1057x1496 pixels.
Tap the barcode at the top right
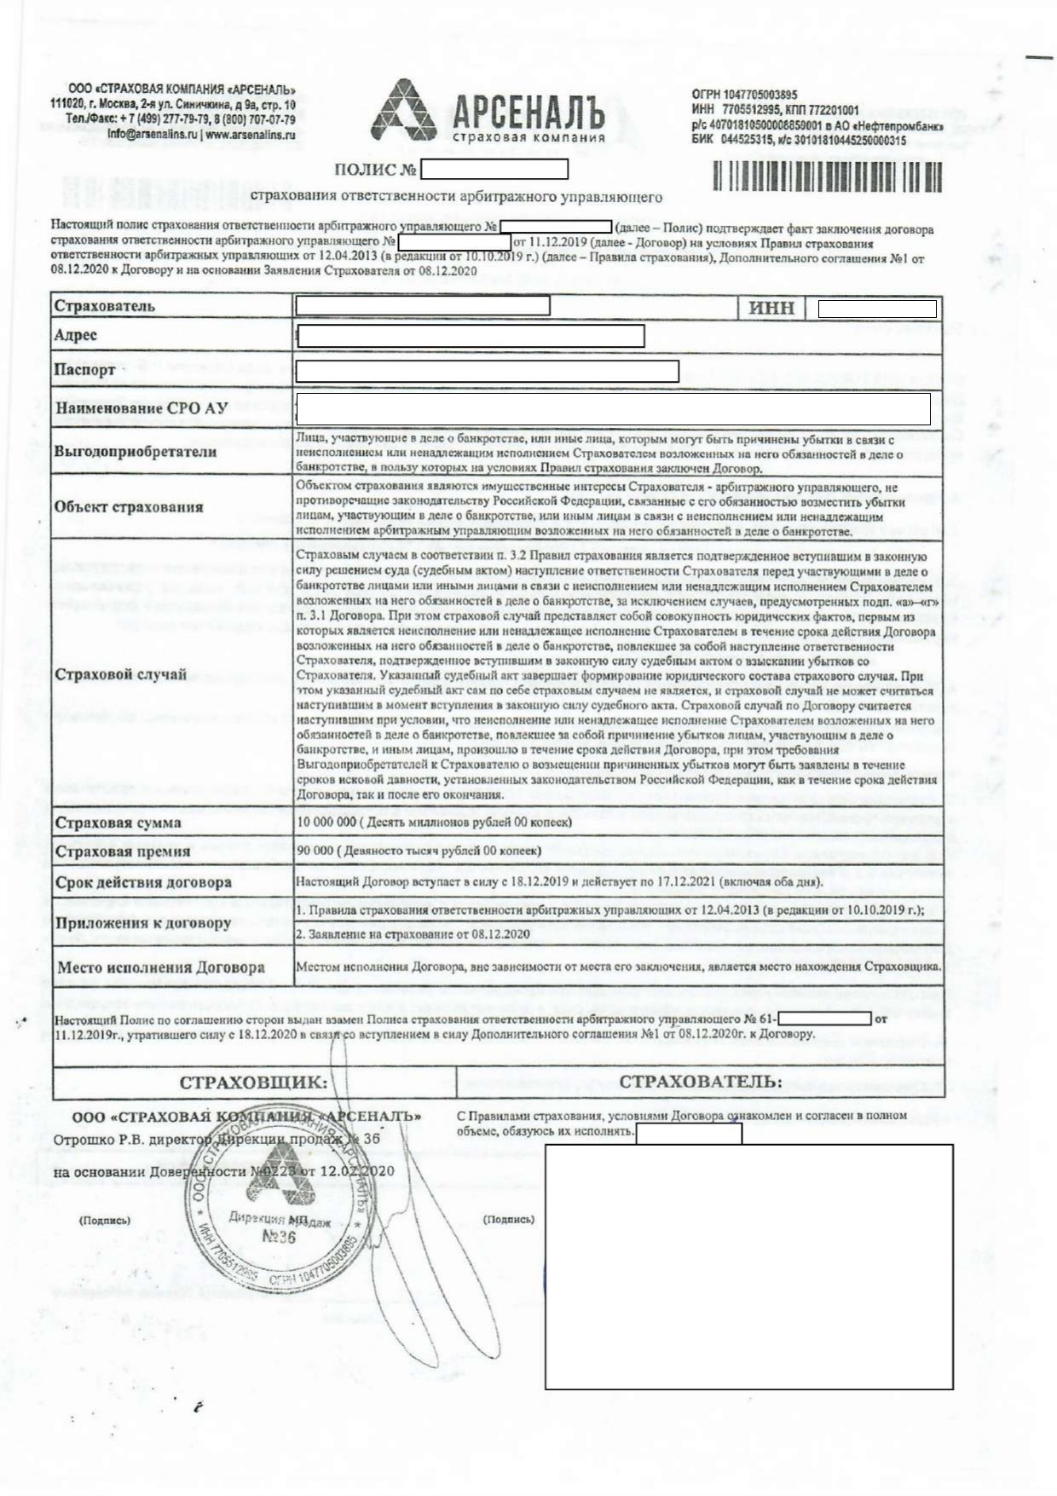tap(827, 177)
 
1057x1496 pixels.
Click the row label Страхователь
tap(105, 306)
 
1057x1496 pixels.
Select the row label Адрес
tap(76, 335)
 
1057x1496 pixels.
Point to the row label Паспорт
tap(84, 370)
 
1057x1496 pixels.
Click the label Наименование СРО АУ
tap(142, 408)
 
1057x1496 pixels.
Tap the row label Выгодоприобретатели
tap(136, 452)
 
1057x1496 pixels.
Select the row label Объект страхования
tap(129, 507)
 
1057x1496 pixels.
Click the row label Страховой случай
tap(121, 674)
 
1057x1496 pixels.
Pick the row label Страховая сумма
tap(118, 823)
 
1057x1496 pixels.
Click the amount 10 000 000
tap(326, 822)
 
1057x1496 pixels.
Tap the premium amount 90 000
tap(315, 851)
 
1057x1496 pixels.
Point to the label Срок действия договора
tap(143, 882)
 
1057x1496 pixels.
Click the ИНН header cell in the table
tap(771, 308)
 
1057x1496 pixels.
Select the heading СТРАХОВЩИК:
tap(253, 1083)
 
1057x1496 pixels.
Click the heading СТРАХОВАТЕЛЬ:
tap(700, 1082)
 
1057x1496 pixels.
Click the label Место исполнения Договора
tap(161, 967)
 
